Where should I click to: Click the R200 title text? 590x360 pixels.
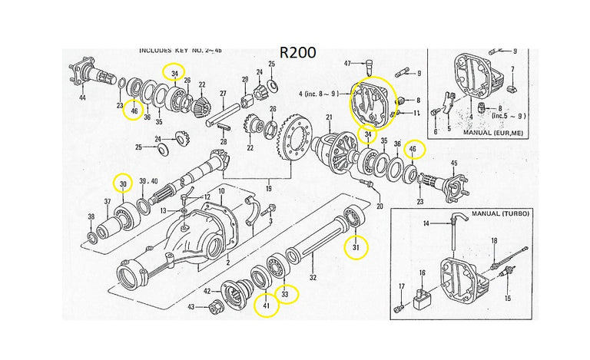[298, 53]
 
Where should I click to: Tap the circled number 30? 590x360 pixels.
[123, 183]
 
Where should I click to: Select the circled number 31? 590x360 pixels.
[356, 248]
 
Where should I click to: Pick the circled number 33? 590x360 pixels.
[287, 293]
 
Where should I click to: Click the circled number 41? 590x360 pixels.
[266, 308]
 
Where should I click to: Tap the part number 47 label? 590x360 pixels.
[347, 63]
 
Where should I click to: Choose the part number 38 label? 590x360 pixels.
[91, 216]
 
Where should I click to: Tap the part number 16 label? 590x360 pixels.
[422, 272]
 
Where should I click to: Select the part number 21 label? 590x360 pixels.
[328, 117]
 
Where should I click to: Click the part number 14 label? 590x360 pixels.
[446, 223]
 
